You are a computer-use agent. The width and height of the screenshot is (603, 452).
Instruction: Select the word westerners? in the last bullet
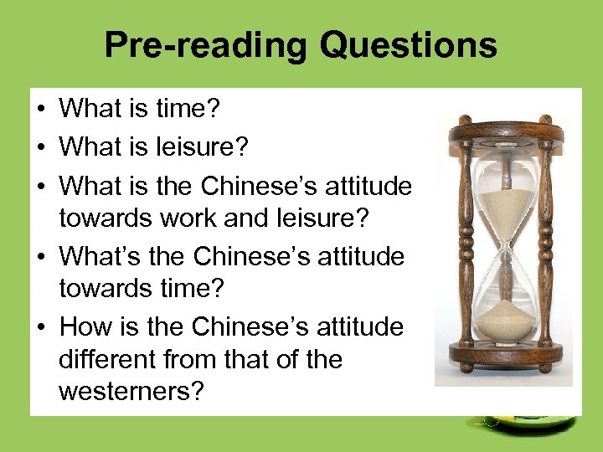131,392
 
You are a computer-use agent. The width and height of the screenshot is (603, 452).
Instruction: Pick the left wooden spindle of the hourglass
459,243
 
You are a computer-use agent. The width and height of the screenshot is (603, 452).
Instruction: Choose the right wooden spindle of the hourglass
548,243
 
